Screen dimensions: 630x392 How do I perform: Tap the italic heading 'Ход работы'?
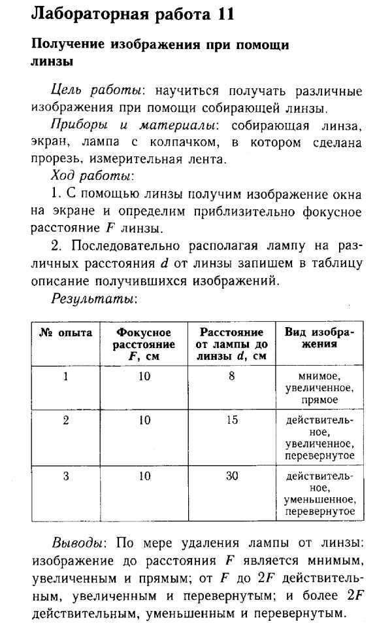91,177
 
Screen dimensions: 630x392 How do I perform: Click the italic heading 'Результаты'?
93,298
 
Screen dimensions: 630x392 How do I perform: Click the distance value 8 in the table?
232,376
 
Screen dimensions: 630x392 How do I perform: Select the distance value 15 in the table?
232,421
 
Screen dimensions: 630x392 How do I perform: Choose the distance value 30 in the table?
232,476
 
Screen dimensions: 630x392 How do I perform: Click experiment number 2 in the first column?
66,421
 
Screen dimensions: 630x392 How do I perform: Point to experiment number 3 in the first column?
66,476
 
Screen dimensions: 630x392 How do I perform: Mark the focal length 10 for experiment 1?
144,376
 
